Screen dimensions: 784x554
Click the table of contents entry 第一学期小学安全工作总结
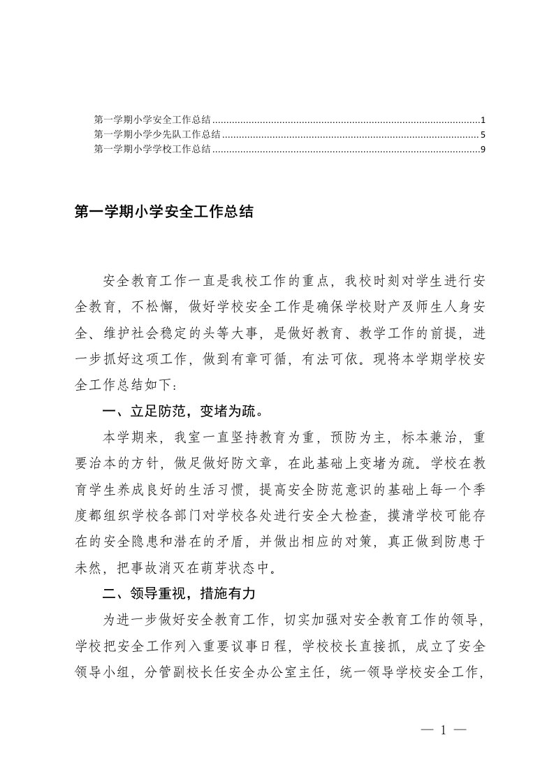click(x=154, y=120)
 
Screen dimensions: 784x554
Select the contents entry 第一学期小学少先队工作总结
click(x=158, y=134)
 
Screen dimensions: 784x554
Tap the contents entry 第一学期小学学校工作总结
click(x=154, y=148)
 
